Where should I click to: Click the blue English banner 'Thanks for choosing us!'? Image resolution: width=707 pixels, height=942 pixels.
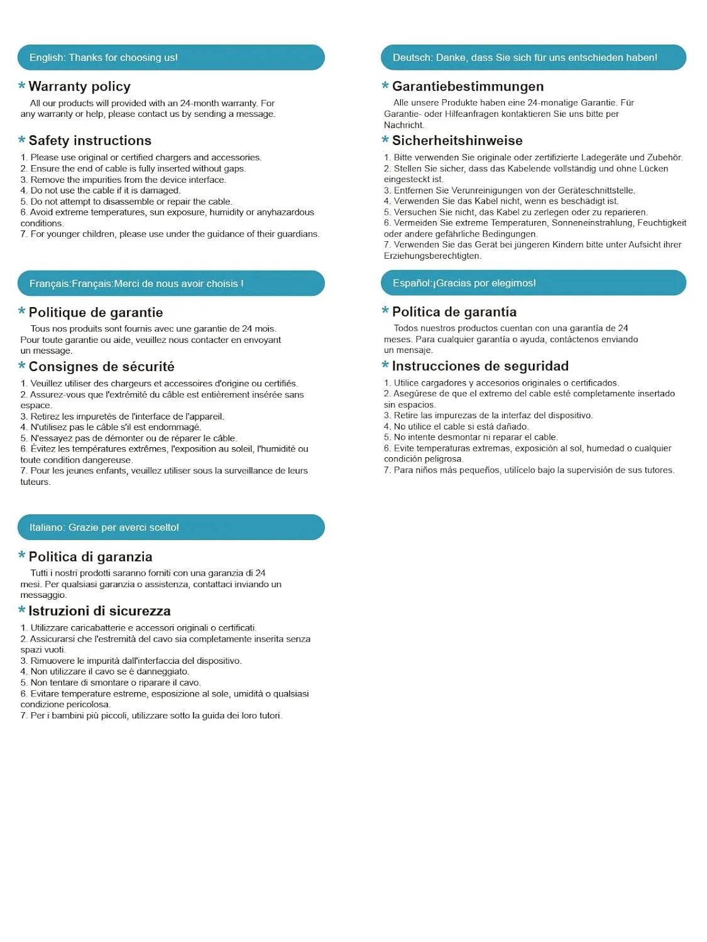[171, 58]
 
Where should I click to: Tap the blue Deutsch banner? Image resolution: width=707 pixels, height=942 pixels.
[533, 58]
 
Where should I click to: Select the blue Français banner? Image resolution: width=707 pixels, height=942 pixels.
[171, 283]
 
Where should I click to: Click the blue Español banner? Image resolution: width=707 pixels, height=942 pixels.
[533, 283]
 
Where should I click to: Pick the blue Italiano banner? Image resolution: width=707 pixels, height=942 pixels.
[171, 527]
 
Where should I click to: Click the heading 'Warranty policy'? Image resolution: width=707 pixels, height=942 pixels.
[80, 87]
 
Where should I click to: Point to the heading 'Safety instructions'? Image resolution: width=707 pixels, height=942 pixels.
[90, 141]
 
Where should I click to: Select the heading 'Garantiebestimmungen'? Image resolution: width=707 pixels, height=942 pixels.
[468, 87]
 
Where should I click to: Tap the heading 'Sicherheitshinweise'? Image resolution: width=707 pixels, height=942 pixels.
[457, 141]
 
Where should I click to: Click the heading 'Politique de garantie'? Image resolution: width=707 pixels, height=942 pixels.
[96, 312]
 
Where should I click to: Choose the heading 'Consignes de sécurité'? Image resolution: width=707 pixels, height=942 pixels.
[101, 366]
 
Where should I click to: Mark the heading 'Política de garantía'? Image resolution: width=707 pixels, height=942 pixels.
[454, 311]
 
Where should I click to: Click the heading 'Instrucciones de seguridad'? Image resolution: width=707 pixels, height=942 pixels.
[480, 365]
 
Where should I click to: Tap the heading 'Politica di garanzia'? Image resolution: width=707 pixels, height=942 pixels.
[90, 556]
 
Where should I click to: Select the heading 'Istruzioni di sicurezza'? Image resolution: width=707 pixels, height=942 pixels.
[99, 610]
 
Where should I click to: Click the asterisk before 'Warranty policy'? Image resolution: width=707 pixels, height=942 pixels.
[22, 87]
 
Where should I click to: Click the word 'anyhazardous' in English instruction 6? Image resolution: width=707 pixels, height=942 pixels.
[285, 212]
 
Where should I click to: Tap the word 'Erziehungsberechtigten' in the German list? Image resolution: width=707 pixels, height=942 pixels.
[432, 256]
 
